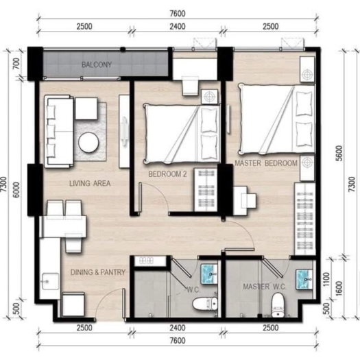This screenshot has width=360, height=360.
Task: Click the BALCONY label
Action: pyautogui.click(x=97, y=64)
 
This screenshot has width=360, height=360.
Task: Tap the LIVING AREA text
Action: pyautogui.click(x=90, y=184)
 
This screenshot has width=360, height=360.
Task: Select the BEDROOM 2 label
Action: pyautogui.click(x=167, y=174)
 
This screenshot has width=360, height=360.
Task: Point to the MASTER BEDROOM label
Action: pyautogui.click(x=266, y=163)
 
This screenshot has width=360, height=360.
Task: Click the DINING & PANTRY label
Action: pyautogui.click(x=98, y=272)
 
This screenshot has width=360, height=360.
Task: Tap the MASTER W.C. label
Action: pyautogui.click(x=264, y=287)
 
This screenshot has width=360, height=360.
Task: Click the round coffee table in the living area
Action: pyautogui.click(x=88, y=143)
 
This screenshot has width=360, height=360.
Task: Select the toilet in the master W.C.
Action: pyautogui.click(x=277, y=304)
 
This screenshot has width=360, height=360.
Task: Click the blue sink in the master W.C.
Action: pyautogui.click(x=304, y=279)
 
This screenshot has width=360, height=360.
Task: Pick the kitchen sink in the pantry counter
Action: pyautogui.click(x=50, y=281)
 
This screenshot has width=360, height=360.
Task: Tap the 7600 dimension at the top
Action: pyautogui.click(x=178, y=14)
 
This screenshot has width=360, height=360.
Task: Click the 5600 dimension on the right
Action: pyautogui.click(x=339, y=153)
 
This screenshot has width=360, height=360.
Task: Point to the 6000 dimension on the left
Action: pyautogui.click(x=16, y=190)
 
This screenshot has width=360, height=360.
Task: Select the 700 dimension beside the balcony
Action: pyautogui.click(x=16, y=64)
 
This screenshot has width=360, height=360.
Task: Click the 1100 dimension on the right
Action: pyautogui.click(x=326, y=279)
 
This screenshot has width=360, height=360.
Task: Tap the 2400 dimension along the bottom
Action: pyautogui.click(x=178, y=328)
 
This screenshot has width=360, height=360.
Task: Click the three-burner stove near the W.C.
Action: pyautogui.click(x=147, y=261)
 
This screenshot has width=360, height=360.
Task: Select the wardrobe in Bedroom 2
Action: pyautogui.click(x=206, y=190)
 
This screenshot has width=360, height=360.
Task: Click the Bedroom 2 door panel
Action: pyautogui.click(x=140, y=197)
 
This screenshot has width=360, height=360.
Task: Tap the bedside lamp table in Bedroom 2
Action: pyautogui.click(x=209, y=97)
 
